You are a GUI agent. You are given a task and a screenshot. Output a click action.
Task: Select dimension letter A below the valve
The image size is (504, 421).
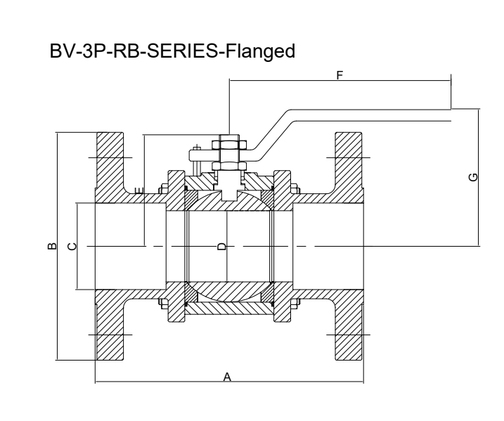[x=227, y=377]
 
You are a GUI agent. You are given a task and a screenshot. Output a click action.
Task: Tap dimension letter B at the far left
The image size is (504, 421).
[x=51, y=246]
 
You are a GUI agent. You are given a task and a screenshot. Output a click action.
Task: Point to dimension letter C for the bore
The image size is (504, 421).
[x=70, y=246]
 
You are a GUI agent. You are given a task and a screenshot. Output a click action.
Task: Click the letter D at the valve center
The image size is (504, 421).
[x=221, y=247]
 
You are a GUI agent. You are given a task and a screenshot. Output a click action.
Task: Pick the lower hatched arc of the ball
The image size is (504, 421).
[x=228, y=292]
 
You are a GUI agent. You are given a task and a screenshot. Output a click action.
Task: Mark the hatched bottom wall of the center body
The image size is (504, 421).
[x=228, y=308]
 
